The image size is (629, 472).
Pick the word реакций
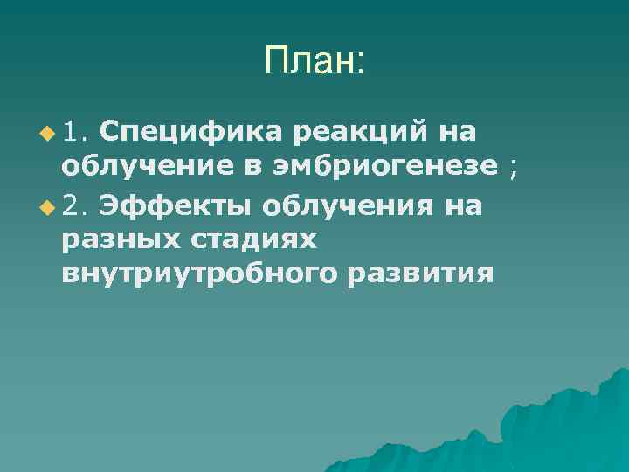(x=360, y=133)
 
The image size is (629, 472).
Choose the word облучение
(x=148, y=169)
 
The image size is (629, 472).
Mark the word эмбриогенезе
(x=389, y=169)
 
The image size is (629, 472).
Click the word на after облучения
(x=463, y=205)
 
